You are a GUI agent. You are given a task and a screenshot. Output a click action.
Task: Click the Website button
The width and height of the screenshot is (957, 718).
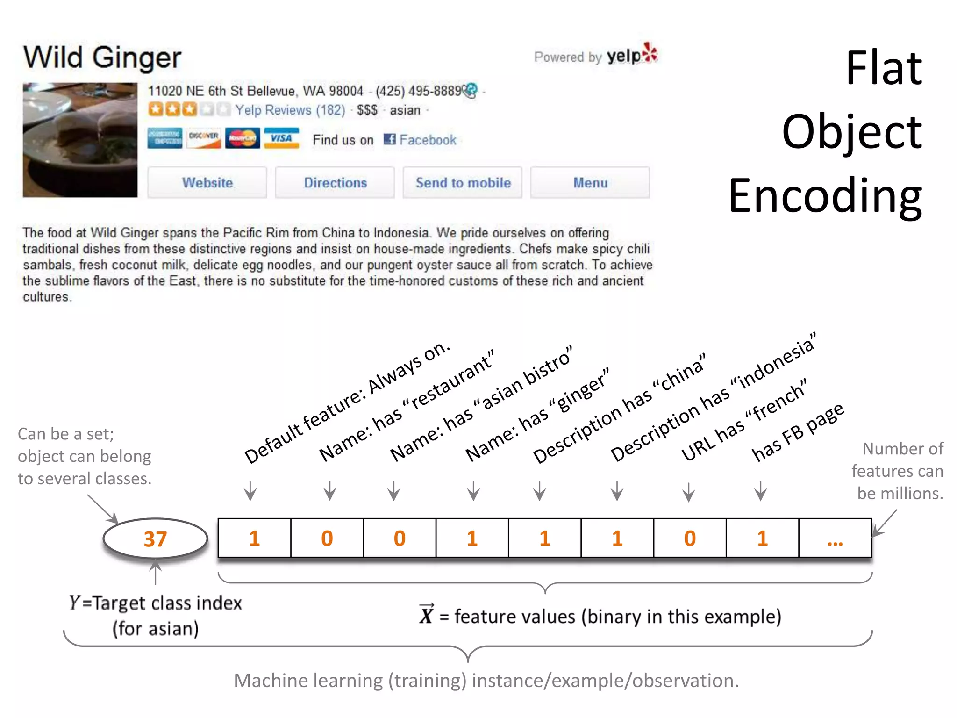tap(207, 183)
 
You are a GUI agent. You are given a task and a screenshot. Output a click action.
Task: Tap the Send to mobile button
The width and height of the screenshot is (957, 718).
tap(463, 183)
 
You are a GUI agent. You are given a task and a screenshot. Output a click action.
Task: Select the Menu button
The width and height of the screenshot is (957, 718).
tap(590, 183)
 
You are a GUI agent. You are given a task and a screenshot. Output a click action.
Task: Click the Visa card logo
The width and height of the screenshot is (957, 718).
tap(281, 138)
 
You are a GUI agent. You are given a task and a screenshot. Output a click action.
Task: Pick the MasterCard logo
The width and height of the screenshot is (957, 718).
tap(243, 138)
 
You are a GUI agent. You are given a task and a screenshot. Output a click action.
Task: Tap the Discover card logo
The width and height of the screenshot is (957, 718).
tap(204, 138)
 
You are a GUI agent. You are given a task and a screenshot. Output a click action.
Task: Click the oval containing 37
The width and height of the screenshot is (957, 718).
tap(155, 538)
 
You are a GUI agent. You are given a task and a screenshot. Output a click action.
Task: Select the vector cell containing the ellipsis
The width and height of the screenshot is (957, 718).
tap(835, 538)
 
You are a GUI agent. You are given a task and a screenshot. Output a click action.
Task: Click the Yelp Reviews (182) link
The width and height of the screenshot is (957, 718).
tap(290, 110)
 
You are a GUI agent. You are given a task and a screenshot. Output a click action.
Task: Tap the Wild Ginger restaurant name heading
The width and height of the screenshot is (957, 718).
tap(102, 58)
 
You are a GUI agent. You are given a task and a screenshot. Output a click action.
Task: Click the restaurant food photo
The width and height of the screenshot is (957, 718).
tap(80, 140)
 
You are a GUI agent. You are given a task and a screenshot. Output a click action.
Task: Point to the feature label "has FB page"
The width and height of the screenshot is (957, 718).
tap(798, 432)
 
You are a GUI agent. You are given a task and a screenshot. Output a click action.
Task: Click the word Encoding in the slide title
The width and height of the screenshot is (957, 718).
tap(825, 195)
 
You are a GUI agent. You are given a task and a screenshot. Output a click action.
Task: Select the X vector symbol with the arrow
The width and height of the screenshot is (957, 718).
tap(426, 615)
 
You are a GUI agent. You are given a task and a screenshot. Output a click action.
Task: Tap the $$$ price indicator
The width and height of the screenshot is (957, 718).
tap(367, 110)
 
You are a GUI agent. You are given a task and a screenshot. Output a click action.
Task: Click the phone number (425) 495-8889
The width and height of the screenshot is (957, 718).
tap(419, 91)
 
